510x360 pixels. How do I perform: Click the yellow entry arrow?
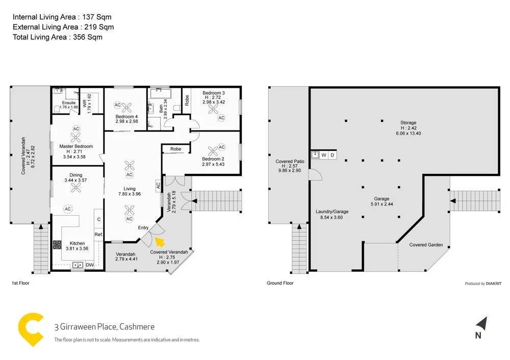tap(160, 242)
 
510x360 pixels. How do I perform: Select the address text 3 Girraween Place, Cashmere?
tap(104, 327)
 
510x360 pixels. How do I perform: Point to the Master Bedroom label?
tap(76, 146)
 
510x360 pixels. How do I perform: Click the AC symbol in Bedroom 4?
tap(117, 105)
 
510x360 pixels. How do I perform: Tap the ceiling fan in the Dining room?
tap(76, 188)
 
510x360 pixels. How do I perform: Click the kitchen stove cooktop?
tap(57, 244)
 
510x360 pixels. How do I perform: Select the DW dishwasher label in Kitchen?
tap(89, 265)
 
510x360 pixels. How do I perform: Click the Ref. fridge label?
tap(98, 235)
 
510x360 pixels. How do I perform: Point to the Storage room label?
tap(408, 123)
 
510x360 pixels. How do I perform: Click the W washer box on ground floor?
tap(323, 155)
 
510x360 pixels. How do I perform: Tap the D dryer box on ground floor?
tap(332, 155)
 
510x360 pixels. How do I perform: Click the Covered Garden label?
tap(426, 245)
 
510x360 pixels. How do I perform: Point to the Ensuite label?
tap(68, 102)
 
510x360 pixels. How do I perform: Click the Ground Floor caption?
tap(280, 283)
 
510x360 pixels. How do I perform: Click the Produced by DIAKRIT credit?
tap(483, 284)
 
